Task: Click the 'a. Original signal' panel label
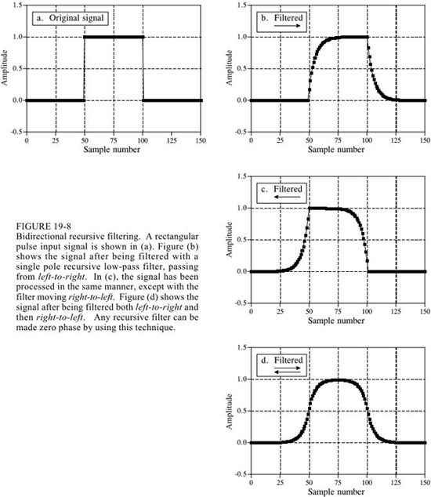click(x=70, y=18)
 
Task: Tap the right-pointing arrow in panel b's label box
click(x=287, y=25)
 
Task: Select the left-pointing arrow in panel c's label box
click(x=287, y=197)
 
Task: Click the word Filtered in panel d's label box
click(x=288, y=361)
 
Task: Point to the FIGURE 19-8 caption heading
click(x=44, y=227)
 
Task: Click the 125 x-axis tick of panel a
click(x=172, y=140)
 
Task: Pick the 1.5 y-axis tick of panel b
click(x=242, y=5)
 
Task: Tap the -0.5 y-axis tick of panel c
click(x=241, y=303)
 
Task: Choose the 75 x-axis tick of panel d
click(x=339, y=483)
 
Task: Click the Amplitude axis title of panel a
click(x=5, y=67)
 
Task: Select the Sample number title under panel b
click(x=336, y=149)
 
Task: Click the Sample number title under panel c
click(x=336, y=321)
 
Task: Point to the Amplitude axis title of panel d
click(x=229, y=412)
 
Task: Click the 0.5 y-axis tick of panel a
click(x=18, y=68)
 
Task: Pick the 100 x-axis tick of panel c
click(x=367, y=311)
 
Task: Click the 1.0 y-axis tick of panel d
click(x=242, y=379)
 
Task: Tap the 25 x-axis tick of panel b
click(x=281, y=140)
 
